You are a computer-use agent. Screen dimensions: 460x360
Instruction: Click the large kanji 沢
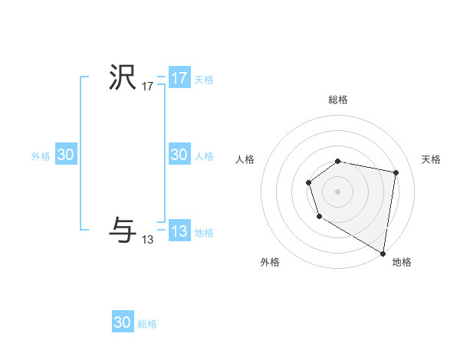[x=123, y=77]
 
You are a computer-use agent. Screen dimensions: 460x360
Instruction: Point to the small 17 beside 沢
[x=148, y=87]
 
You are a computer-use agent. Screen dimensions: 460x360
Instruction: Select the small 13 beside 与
[x=148, y=240]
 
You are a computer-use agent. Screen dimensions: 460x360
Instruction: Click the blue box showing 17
[x=179, y=78]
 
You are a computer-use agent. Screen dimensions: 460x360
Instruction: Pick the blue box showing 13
[x=179, y=231]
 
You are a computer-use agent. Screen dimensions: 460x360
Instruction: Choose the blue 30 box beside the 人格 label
[x=179, y=155]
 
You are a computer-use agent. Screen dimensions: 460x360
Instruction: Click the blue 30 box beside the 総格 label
[x=123, y=322]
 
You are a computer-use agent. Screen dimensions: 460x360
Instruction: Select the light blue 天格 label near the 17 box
[x=204, y=80]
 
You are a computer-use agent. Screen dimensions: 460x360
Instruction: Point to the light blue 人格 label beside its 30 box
[x=204, y=156]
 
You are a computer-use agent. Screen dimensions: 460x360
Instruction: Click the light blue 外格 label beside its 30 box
[x=41, y=156]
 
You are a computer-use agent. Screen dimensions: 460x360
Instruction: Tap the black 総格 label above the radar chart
[x=338, y=100]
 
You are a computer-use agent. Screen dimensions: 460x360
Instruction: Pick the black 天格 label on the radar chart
[x=432, y=159]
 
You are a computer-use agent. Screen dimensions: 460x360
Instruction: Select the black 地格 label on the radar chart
[x=402, y=263]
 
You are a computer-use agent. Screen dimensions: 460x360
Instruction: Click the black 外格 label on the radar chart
[x=270, y=263]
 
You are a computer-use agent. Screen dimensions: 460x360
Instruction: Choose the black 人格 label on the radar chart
[x=245, y=159]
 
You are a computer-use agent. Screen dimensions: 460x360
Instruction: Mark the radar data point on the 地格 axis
[x=383, y=253]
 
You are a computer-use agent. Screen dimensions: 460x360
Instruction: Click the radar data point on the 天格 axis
[x=396, y=173]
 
